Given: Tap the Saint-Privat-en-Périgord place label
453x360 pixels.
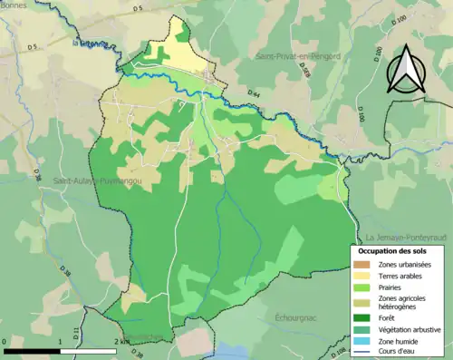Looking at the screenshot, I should point(297,56).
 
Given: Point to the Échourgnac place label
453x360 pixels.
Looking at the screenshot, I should point(299,317).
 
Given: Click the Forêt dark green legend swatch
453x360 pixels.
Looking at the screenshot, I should point(361,317).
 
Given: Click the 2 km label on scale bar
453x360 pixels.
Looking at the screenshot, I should point(122,341).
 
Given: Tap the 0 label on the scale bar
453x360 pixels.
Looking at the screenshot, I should point(5,341).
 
